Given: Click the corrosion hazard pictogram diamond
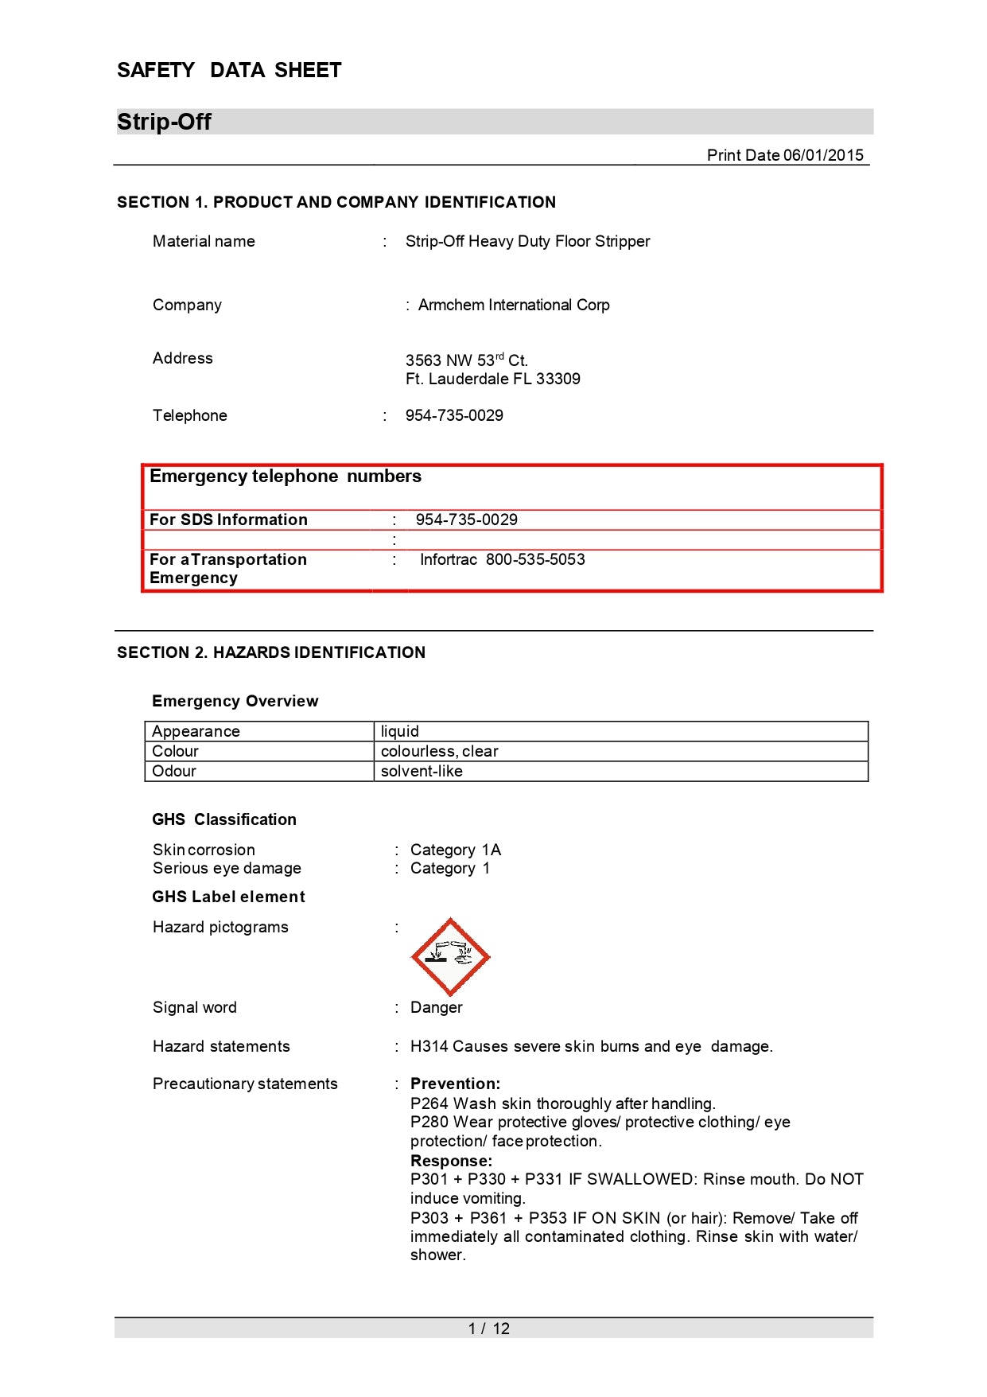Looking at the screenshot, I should click(x=450, y=956).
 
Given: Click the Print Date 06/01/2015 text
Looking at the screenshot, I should click(x=784, y=155).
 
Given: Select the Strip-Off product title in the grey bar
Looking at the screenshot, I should click(x=164, y=122).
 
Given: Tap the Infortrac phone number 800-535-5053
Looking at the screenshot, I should click(x=535, y=559).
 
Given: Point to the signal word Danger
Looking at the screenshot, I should click(x=436, y=1007).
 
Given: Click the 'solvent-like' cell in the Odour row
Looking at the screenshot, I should click(x=422, y=771).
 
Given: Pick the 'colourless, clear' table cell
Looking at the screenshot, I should click(x=439, y=751).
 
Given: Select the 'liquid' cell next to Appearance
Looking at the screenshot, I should click(x=399, y=731).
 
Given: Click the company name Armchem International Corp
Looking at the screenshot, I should click(x=514, y=305).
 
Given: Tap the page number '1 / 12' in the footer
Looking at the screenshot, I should click(x=489, y=1329).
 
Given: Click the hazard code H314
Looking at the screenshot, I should click(x=429, y=1046).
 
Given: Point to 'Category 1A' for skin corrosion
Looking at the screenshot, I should click(x=455, y=850).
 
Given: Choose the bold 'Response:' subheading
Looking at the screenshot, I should click(x=451, y=1161).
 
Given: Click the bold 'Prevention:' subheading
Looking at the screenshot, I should click(x=455, y=1084).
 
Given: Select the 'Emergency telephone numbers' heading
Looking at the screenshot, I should click(x=286, y=477).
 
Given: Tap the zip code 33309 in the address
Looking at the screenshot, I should click(x=558, y=379).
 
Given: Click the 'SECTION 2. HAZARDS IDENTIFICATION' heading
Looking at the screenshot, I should click(x=271, y=652).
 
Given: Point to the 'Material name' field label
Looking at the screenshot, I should click(x=204, y=241).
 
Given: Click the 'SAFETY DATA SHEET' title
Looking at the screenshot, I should click(x=229, y=70).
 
